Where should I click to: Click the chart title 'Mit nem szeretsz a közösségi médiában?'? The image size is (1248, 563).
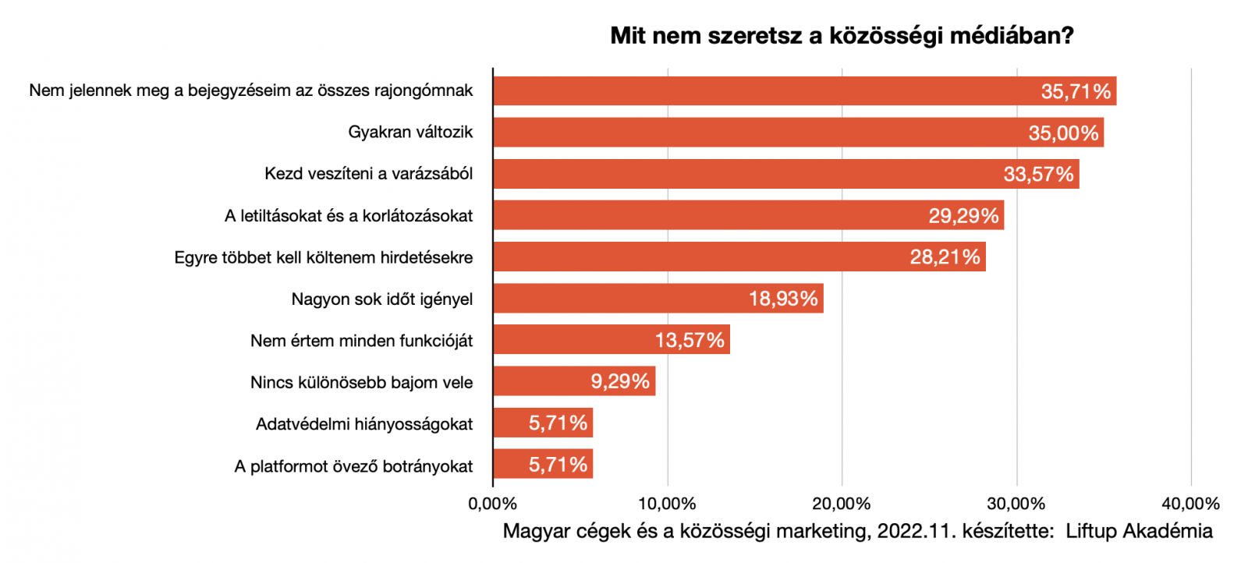pyautogui.click(x=842, y=36)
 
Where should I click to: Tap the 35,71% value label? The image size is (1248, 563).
pyautogui.click(x=1076, y=91)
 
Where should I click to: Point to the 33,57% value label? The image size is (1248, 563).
pyautogui.click(x=1038, y=174)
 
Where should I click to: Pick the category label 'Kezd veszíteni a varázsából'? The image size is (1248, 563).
pyautogui.click(x=368, y=174)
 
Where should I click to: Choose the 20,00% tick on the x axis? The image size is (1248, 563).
pyautogui.click(x=842, y=504)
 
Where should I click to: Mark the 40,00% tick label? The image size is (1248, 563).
pyautogui.click(x=1190, y=504)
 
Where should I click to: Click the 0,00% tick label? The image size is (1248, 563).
pyautogui.click(x=493, y=504)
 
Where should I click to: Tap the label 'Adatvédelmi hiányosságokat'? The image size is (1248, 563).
pyautogui.click(x=364, y=424)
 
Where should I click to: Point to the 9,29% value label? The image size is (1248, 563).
pyautogui.click(x=620, y=382)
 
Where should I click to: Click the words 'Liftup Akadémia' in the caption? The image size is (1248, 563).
pyautogui.click(x=1139, y=532)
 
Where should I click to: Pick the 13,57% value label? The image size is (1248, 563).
pyautogui.click(x=690, y=341)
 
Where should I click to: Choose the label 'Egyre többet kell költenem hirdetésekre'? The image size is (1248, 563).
pyautogui.click(x=324, y=257)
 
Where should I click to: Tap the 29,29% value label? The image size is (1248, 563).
pyautogui.click(x=963, y=216)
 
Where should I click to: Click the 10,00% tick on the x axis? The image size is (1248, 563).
pyautogui.click(x=667, y=504)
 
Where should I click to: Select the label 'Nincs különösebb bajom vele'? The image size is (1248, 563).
pyautogui.click(x=361, y=383)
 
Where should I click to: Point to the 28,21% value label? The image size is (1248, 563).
pyautogui.click(x=945, y=257)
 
